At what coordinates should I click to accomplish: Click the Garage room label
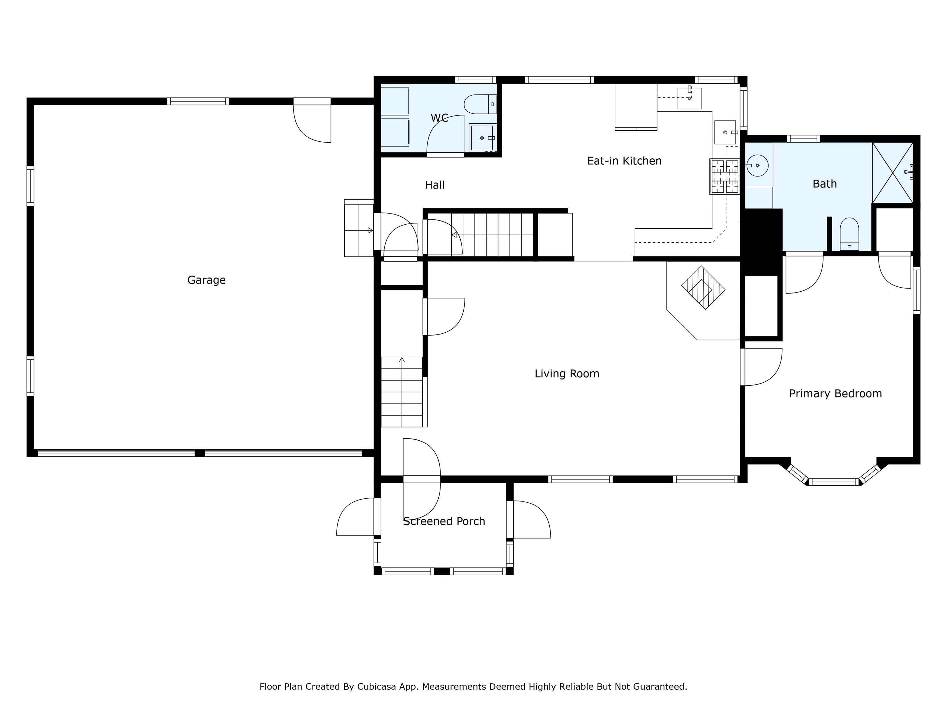click(x=206, y=280)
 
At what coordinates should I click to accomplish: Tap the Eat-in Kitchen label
click(x=624, y=161)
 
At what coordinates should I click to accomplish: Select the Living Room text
click(x=567, y=374)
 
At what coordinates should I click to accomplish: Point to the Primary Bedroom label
click(x=835, y=393)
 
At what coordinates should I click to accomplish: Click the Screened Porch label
click(x=444, y=521)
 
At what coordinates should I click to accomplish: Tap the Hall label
click(x=435, y=185)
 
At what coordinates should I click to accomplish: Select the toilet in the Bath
click(x=849, y=234)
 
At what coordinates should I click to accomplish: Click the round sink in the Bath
click(x=757, y=165)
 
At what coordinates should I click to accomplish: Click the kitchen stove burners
click(x=724, y=177)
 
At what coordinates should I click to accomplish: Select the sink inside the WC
click(x=482, y=138)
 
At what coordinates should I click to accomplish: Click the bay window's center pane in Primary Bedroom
click(x=834, y=482)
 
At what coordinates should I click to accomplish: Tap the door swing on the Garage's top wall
click(x=312, y=121)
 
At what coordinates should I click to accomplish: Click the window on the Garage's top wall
click(x=198, y=102)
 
